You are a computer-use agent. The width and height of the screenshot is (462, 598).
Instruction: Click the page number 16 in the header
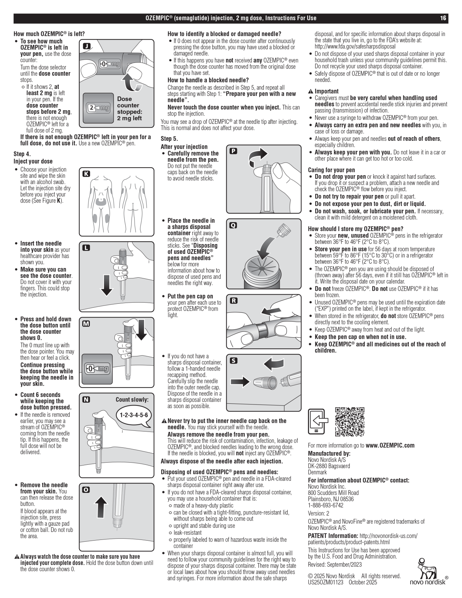(x=443, y=18)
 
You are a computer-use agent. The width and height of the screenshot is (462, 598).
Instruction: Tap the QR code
(x=350, y=422)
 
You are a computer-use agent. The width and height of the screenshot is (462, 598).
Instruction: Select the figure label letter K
(x=86, y=174)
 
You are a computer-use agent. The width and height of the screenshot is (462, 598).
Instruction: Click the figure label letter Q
(x=233, y=225)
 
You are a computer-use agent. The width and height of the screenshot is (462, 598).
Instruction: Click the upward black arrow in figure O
(x=102, y=507)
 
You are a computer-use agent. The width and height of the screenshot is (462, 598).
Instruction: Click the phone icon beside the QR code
(x=318, y=421)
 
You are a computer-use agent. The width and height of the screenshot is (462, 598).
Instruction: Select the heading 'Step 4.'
(x=22, y=154)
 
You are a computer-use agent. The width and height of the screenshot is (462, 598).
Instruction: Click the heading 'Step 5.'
(x=169, y=139)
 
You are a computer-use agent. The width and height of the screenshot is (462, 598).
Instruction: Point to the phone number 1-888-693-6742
(x=326, y=505)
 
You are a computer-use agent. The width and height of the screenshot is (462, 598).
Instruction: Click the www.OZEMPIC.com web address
(x=390, y=445)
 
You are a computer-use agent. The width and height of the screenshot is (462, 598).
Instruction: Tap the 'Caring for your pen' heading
(x=331, y=170)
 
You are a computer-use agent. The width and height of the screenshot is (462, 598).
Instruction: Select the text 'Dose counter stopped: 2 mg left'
(x=130, y=108)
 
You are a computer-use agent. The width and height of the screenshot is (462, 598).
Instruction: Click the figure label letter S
(x=234, y=361)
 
